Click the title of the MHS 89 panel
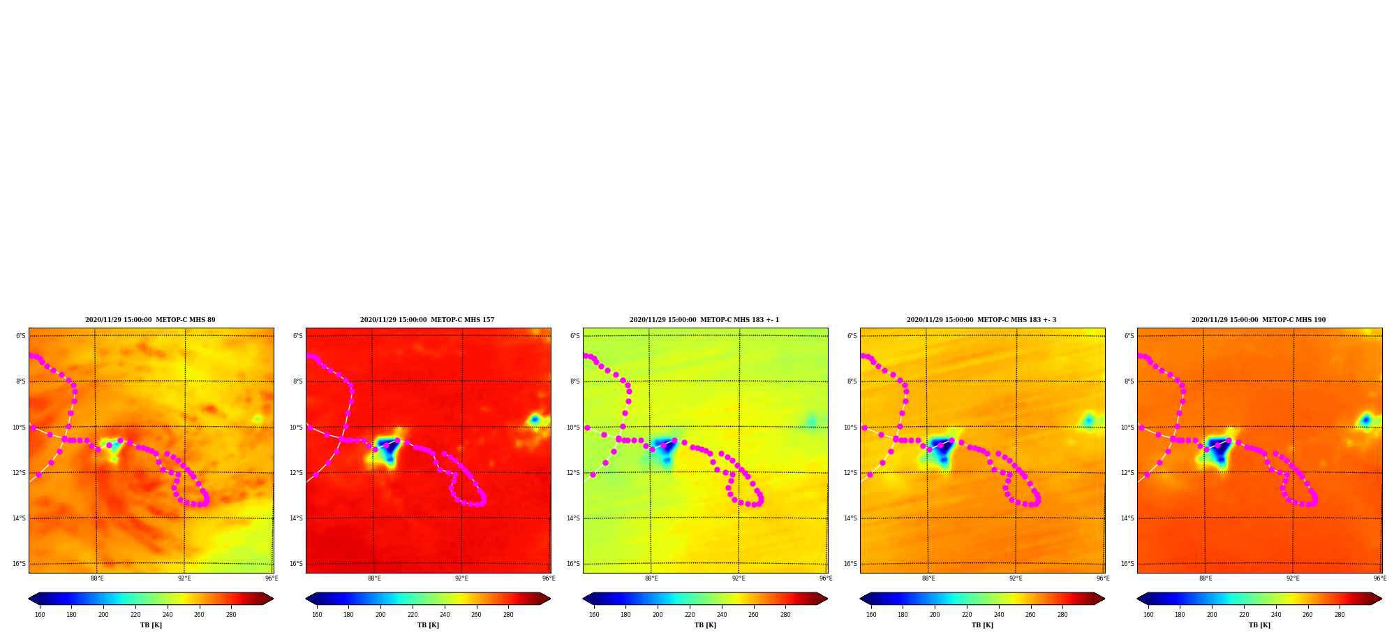[x=150, y=320]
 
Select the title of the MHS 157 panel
[x=427, y=320]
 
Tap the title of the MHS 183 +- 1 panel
[x=704, y=320]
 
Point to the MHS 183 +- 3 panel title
[x=981, y=320]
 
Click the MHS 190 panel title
[x=1259, y=320]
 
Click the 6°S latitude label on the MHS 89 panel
[x=21, y=336]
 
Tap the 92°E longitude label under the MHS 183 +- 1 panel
[x=739, y=578]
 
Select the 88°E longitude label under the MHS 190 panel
[x=1206, y=578]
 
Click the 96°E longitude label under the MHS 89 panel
[x=272, y=578]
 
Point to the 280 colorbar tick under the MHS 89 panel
[x=231, y=615]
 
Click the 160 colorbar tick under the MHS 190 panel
[x=1148, y=615]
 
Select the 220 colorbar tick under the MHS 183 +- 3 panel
[x=967, y=615]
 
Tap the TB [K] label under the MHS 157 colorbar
[x=428, y=625]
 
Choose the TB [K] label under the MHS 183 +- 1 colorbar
[x=705, y=625]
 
